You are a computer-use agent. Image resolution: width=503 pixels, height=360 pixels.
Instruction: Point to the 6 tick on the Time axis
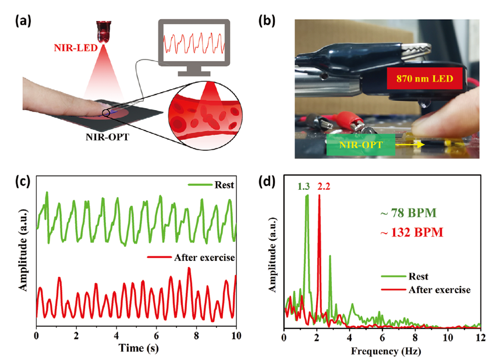coord(156,336)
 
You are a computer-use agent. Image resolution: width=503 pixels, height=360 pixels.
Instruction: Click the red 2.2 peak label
coord(323,188)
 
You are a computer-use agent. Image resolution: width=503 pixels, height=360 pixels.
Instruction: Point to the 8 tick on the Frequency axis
coord(415,336)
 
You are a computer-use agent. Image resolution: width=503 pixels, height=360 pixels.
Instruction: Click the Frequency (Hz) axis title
coord(382,351)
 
